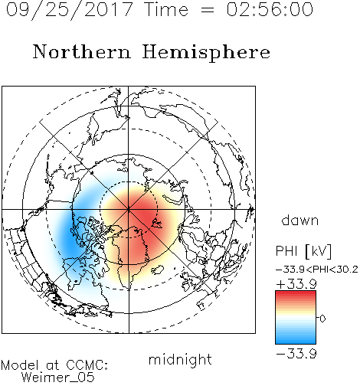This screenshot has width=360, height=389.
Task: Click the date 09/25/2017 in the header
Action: click(69, 10)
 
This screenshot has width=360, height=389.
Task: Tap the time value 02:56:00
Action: click(270, 9)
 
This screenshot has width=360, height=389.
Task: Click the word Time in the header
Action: click(166, 9)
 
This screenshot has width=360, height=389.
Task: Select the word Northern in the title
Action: click(82, 51)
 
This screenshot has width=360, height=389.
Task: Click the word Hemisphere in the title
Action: click(206, 53)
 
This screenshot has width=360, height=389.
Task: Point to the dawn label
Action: click(300, 220)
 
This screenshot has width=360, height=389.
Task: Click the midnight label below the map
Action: click(180, 359)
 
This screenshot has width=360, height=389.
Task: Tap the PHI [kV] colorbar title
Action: click(303, 251)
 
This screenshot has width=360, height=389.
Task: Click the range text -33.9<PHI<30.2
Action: click(317, 270)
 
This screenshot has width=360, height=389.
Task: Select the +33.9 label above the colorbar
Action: click(296, 284)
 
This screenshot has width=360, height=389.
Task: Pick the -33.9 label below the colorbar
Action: click(296, 354)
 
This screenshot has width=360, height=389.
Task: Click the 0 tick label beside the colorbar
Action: click(322, 319)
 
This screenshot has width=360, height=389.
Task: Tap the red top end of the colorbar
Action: click(296, 293)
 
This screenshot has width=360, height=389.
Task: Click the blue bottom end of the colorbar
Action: click(296, 342)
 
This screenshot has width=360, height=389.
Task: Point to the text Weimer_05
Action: click(58, 378)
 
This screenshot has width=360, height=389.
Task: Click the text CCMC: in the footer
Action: click(87, 365)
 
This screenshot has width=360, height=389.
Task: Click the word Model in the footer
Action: click(20, 365)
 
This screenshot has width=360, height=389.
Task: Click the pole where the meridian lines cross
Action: click(129, 210)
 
